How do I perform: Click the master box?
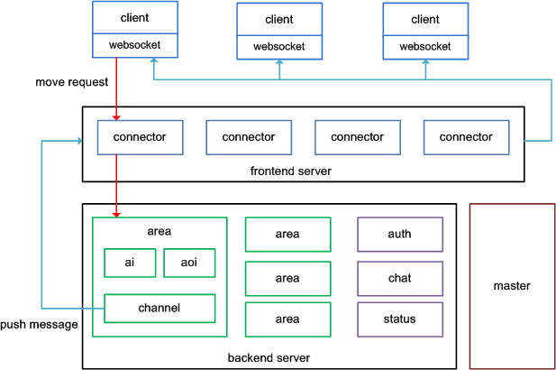(512, 286)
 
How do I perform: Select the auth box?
(400, 235)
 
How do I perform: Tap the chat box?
(400, 278)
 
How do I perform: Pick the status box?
(400, 319)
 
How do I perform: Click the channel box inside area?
(160, 309)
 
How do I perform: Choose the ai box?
(130, 263)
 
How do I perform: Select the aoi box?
(189, 263)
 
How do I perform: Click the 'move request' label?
(71, 82)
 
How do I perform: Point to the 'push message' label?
(39, 325)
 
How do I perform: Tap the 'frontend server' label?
(291, 171)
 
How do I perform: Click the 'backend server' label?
(269, 358)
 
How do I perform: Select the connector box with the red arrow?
(140, 137)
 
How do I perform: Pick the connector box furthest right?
(466, 137)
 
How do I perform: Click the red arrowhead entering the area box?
(116, 215)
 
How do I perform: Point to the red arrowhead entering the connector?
(116, 117)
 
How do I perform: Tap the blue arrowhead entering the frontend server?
(80, 141)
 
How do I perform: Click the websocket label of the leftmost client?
(135, 45)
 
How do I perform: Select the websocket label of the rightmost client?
(425, 47)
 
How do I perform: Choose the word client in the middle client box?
(279, 19)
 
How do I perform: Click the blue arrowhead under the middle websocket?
(279, 62)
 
